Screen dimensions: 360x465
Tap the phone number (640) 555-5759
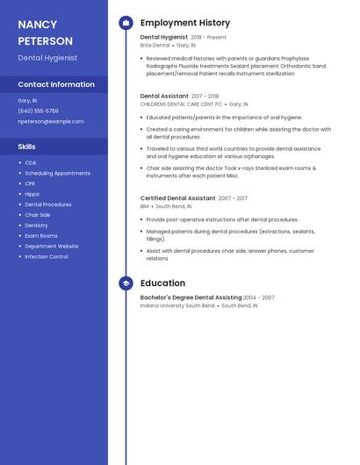[38, 111]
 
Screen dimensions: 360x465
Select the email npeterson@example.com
[51, 121]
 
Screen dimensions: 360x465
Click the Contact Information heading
[56, 84]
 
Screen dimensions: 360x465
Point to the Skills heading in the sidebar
[27, 147]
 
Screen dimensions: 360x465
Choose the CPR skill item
[31, 183]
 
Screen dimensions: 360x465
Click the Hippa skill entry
[32, 194]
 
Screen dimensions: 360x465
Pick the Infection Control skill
[47, 257]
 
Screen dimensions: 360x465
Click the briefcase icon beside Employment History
[126, 23]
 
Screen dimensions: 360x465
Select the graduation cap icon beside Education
[126, 283]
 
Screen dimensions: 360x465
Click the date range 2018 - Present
[208, 38]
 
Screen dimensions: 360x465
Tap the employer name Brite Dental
[155, 45]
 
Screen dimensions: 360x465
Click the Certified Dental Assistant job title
[177, 198]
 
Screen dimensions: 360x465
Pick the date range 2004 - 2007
[258, 298]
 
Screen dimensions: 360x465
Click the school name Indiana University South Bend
[176, 306]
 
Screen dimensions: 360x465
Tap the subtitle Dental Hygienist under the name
[47, 58]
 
